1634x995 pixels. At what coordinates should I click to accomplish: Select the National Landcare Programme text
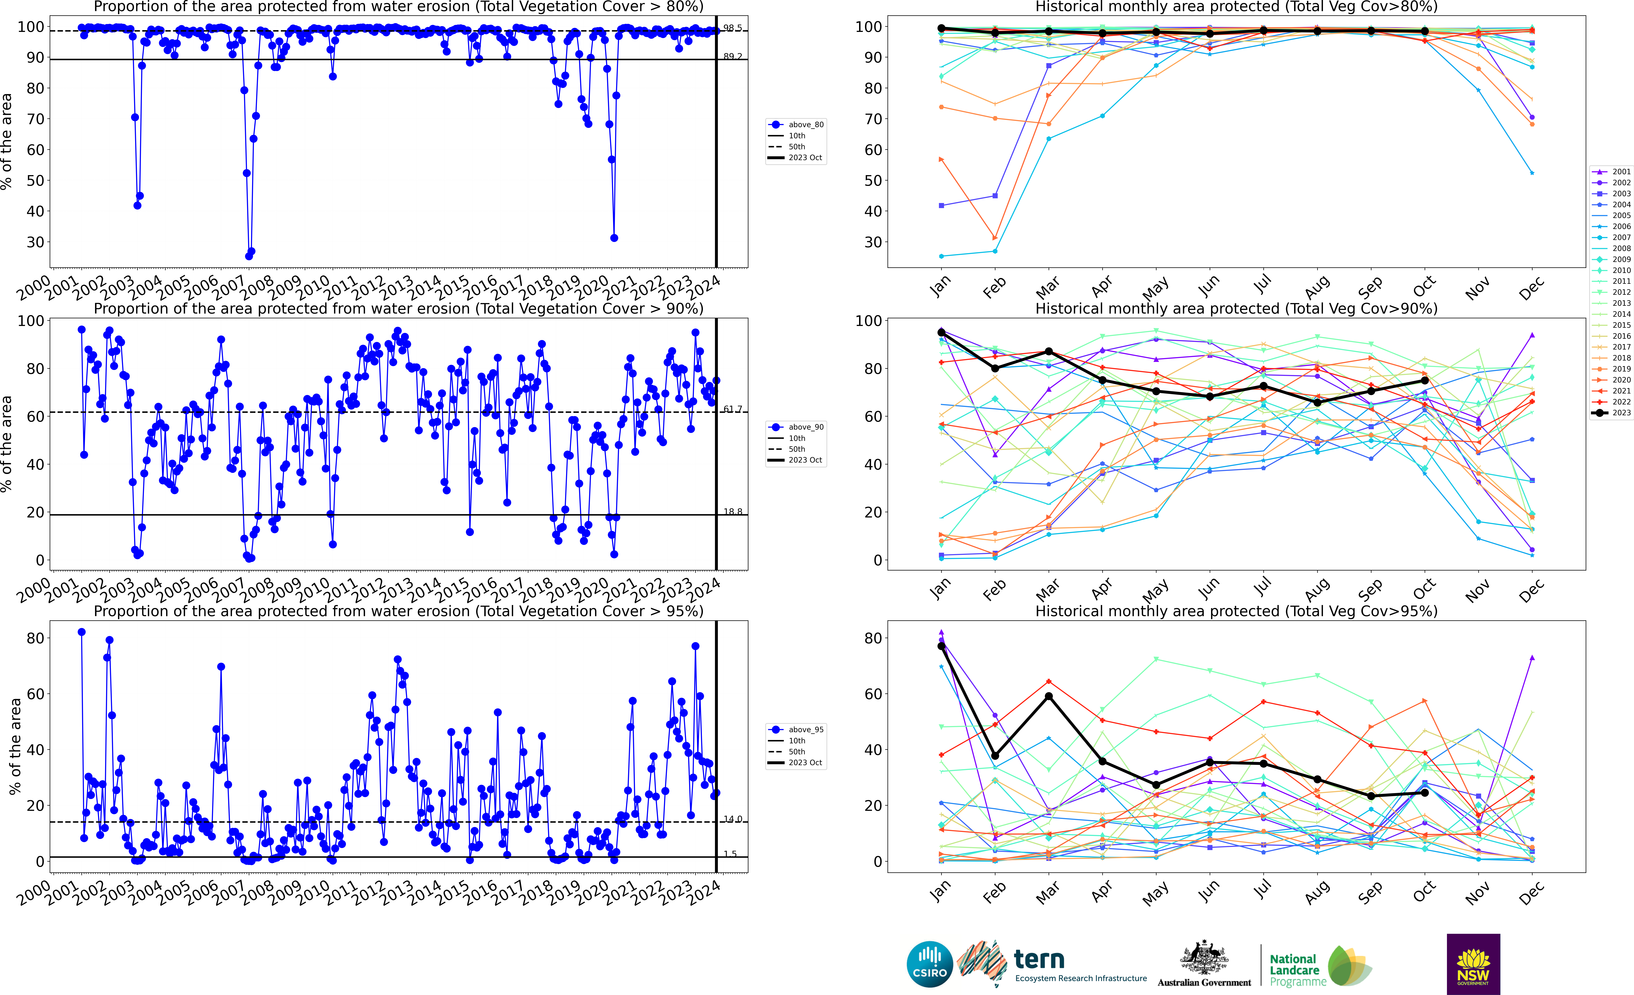[x=1297, y=970]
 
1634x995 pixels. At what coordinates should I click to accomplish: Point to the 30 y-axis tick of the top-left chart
[x=35, y=242]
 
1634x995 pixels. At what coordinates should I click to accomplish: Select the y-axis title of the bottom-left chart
[x=15, y=746]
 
